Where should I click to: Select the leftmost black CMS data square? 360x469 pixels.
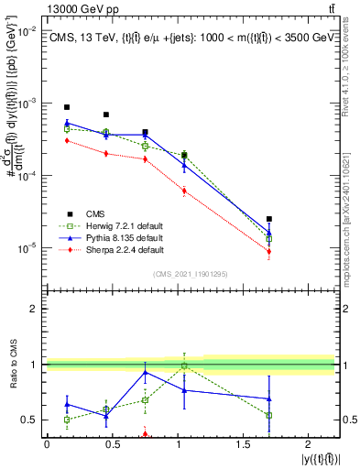click(67, 107)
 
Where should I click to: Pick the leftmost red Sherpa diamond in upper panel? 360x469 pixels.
click(67, 140)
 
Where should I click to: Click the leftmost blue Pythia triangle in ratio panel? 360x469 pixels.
click(67, 404)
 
